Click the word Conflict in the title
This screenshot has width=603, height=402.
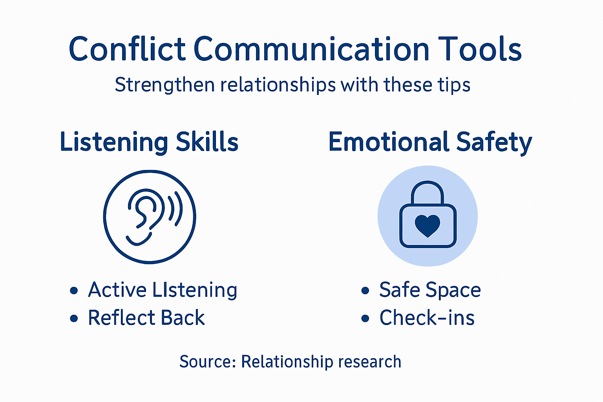tap(127, 49)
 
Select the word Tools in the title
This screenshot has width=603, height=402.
tap(479, 49)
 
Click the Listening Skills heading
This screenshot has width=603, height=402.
tap(149, 142)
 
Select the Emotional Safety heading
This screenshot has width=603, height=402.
tap(430, 142)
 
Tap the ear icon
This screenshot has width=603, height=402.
tap(144, 214)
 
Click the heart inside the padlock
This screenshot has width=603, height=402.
tap(428, 225)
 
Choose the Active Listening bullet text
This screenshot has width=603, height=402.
tap(163, 290)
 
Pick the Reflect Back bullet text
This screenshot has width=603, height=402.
tap(146, 318)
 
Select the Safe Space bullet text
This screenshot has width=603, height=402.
tap(430, 290)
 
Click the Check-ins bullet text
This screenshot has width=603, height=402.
tap(427, 318)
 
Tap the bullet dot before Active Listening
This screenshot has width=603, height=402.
tap(74, 291)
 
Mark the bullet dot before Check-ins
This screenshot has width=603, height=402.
tap(365, 318)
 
